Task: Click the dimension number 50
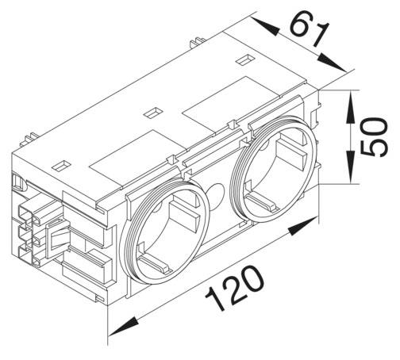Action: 374,136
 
